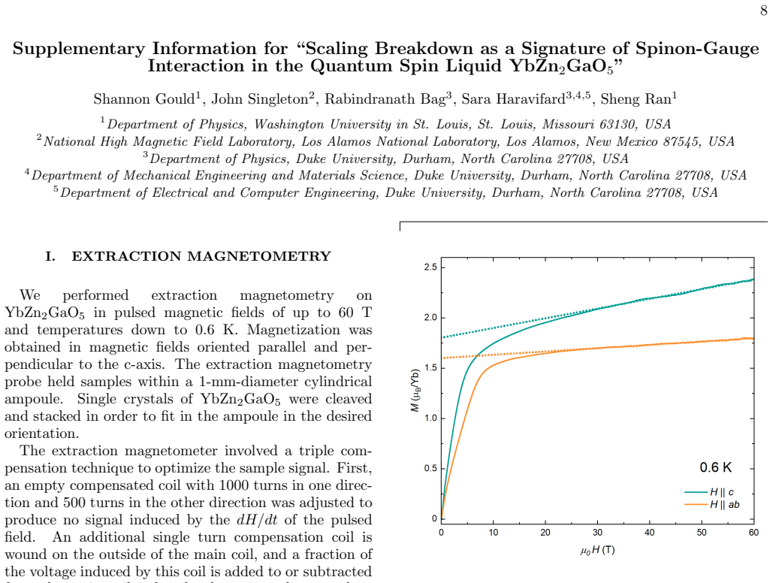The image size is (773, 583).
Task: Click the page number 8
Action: tap(764, 11)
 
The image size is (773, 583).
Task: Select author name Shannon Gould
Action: tap(144, 99)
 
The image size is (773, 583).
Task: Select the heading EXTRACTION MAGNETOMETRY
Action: tap(201, 256)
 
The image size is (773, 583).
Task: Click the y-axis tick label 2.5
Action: tap(430, 267)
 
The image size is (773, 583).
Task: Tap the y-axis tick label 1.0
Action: tap(430, 418)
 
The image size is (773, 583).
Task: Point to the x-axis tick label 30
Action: tap(597, 533)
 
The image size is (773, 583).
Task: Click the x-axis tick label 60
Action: tap(753, 533)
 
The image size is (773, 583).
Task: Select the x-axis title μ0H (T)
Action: tap(597, 550)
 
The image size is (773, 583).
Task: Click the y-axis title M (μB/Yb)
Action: tap(415, 390)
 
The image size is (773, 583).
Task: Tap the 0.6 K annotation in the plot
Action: tap(716, 467)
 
